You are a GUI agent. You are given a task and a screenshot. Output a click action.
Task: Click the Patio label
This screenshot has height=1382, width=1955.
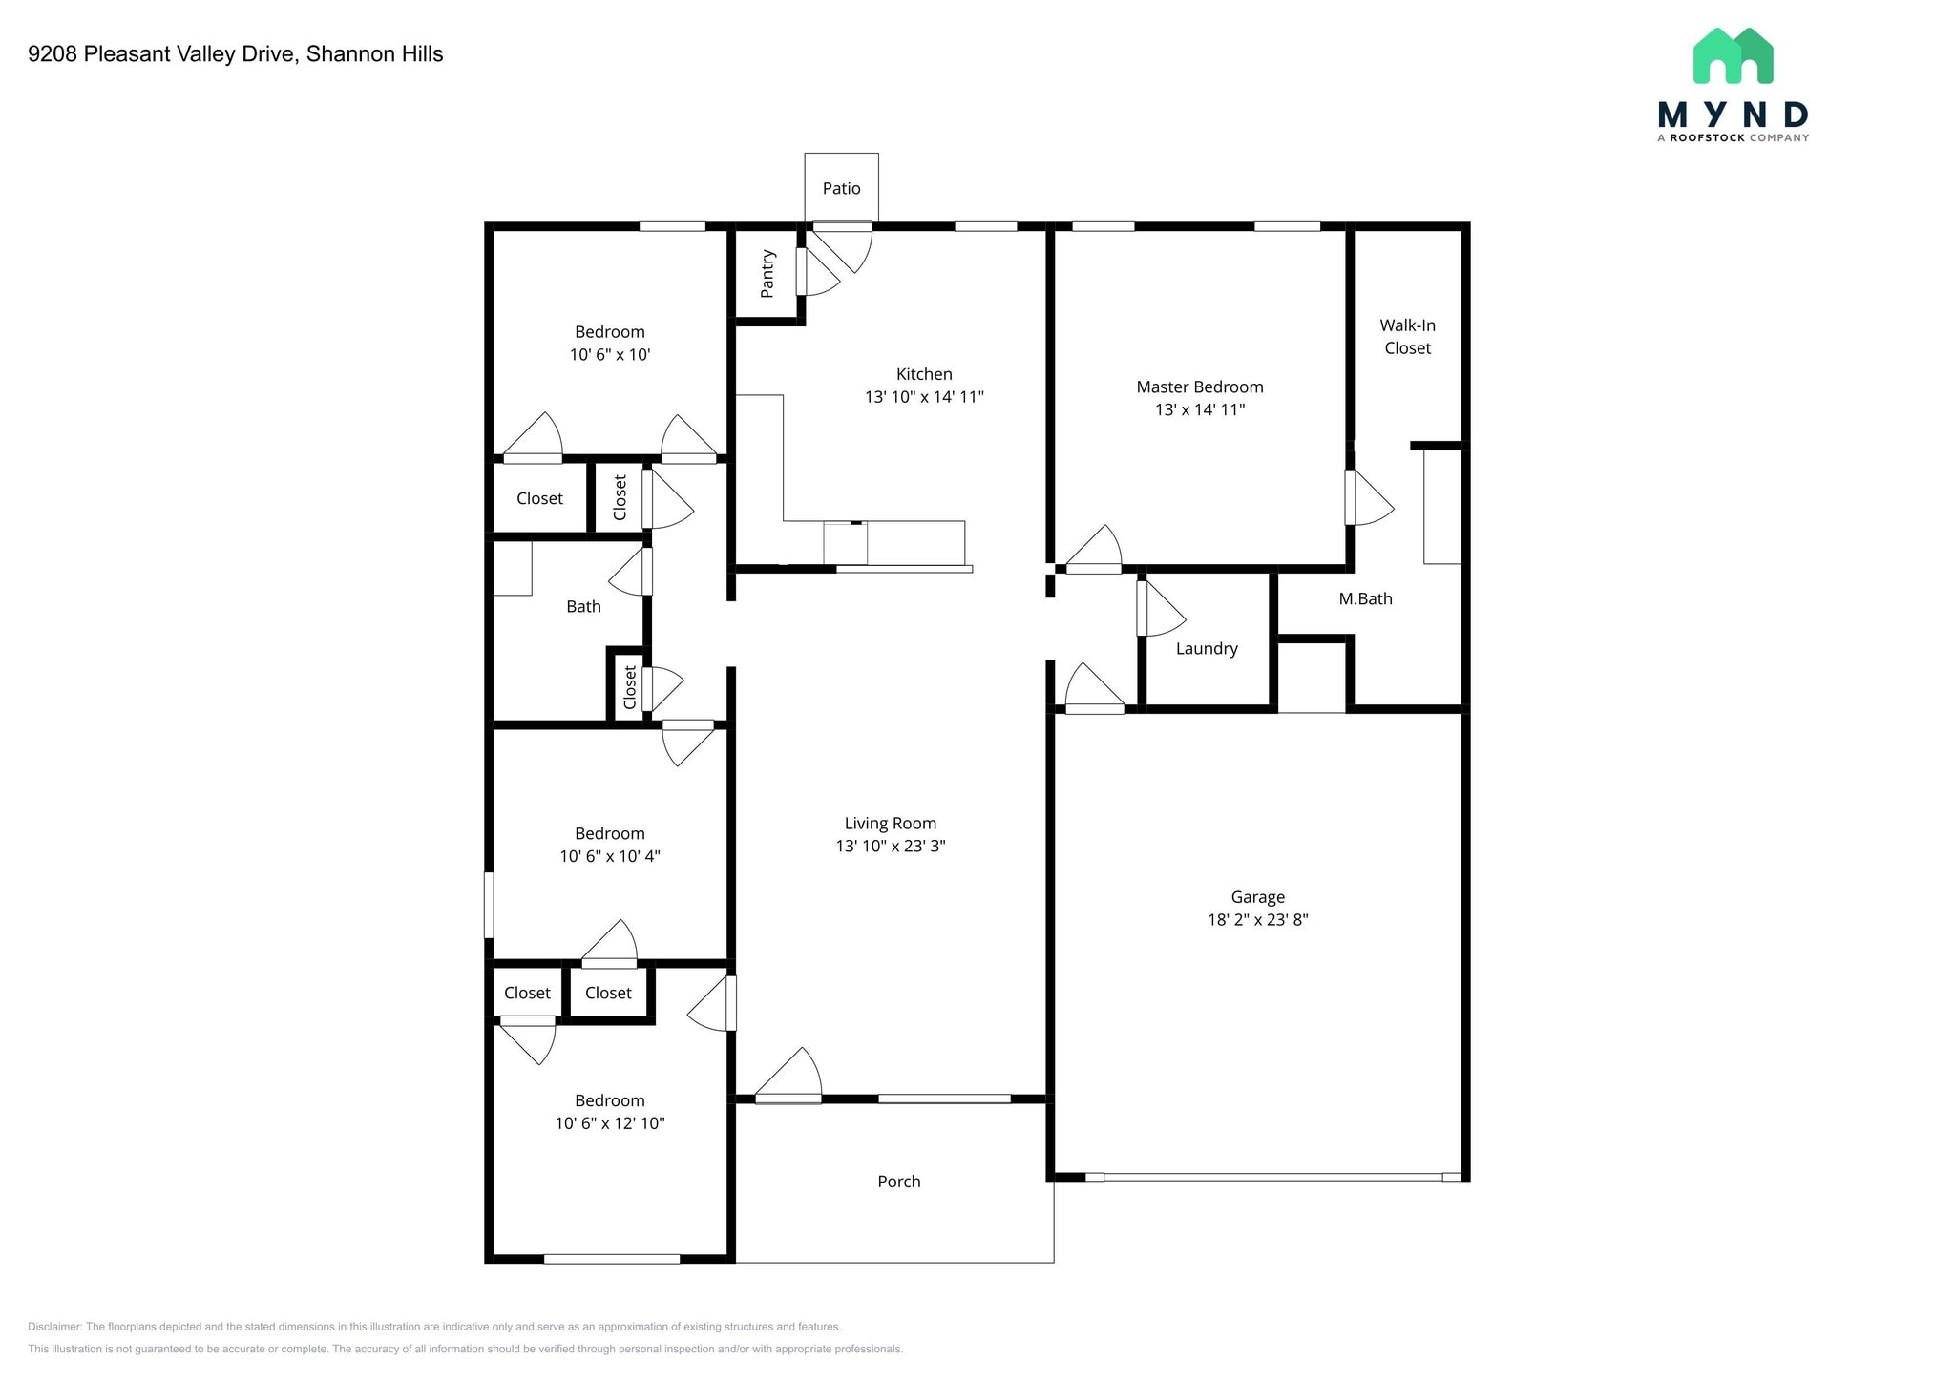(841, 189)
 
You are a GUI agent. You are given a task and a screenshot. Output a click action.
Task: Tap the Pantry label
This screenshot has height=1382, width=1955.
(767, 274)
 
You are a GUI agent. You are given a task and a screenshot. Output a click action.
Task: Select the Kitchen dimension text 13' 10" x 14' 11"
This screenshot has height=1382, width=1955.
(924, 397)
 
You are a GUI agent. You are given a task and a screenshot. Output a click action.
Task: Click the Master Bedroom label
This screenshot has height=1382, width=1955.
(1199, 387)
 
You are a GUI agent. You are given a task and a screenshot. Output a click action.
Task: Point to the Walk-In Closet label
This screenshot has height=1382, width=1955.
(1407, 337)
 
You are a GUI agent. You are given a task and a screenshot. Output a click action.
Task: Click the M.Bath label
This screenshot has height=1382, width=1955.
(1365, 599)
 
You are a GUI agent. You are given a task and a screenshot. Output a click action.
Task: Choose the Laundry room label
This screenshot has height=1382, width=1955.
(1207, 649)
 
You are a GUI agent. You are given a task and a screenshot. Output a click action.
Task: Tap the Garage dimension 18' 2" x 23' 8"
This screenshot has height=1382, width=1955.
(1257, 920)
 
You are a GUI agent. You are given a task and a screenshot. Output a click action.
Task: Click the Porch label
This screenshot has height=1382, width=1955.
(898, 1182)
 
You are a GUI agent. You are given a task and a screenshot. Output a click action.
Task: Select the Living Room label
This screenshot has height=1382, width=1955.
(890, 824)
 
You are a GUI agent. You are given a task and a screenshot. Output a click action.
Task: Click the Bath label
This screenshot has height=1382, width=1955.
(583, 607)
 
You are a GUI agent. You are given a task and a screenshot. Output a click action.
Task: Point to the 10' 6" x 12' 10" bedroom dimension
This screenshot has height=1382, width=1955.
(610, 1123)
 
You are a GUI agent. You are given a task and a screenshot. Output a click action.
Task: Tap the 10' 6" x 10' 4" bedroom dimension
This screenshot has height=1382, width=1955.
(610, 856)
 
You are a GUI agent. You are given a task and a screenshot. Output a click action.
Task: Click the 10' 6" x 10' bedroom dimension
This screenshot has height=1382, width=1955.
(610, 355)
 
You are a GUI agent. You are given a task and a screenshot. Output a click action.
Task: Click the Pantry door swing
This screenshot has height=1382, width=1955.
(819, 274)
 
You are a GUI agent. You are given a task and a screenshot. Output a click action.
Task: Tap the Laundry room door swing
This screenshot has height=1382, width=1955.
(1162, 611)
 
